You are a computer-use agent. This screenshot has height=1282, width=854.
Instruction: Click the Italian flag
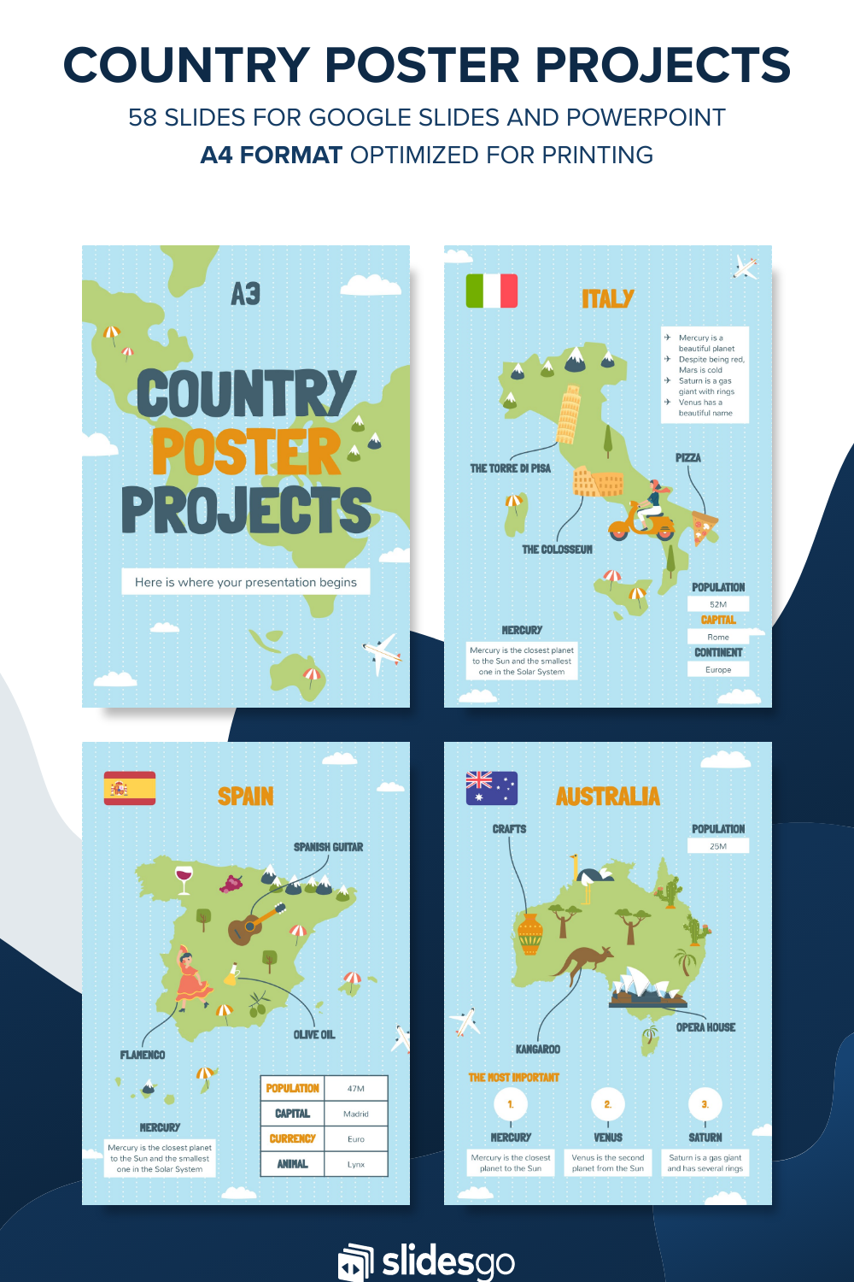492,291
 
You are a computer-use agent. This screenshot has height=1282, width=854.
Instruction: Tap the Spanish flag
130,788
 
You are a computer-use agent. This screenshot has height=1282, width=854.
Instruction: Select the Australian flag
492,788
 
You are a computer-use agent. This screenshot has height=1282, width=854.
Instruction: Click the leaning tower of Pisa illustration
568,415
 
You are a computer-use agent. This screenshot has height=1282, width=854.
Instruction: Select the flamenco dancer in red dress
191,979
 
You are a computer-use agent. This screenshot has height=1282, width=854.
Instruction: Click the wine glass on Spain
184,879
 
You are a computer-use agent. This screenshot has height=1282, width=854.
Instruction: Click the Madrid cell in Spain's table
356,1114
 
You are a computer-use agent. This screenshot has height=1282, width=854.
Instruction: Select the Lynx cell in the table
356,1164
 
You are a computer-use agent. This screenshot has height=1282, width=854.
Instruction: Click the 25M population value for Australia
718,846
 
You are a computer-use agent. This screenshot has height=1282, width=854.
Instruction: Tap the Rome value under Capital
718,637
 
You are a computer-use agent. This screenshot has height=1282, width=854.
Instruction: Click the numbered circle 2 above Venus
608,1104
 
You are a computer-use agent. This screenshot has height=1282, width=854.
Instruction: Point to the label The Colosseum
557,550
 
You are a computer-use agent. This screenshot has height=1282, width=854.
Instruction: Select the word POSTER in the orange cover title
246,453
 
